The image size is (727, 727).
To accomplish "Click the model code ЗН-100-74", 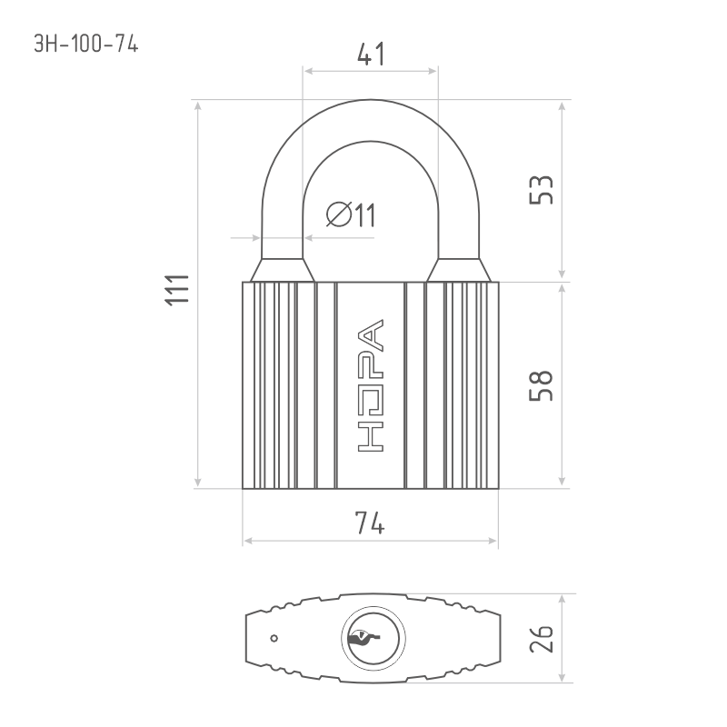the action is tap(86, 44).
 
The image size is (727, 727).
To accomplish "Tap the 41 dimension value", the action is tap(371, 54).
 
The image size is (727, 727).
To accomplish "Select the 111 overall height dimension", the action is tap(177, 290).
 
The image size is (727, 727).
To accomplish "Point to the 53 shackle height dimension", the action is tap(541, 190).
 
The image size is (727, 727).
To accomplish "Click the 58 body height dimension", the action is tap(541, 385).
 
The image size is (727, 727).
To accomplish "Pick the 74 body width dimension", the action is tap(370, 523).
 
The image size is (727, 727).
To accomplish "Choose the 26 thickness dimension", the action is tap(541, 639).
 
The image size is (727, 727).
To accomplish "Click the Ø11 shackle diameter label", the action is tap(351, 214).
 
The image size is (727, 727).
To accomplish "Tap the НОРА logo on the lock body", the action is tap(371, 385).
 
